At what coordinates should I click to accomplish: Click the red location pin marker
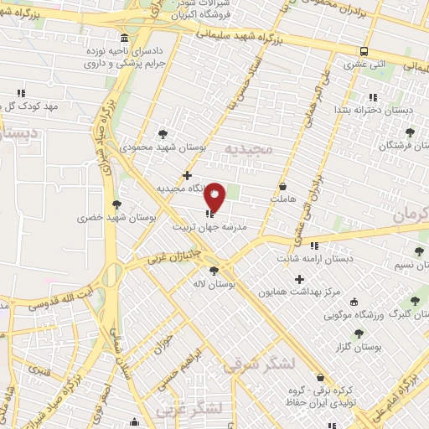[x=215, y=196]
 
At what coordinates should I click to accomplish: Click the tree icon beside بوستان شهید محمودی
[x=163, y=133]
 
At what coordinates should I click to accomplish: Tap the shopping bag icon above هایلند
[x=283, y=185]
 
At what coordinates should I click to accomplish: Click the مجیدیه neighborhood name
[x=250, y=149]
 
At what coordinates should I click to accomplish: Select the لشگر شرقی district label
[x=261, y=365]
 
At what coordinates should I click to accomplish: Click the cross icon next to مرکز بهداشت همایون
[x=299, y=278]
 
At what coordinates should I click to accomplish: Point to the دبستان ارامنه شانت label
[x=313, y=259]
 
